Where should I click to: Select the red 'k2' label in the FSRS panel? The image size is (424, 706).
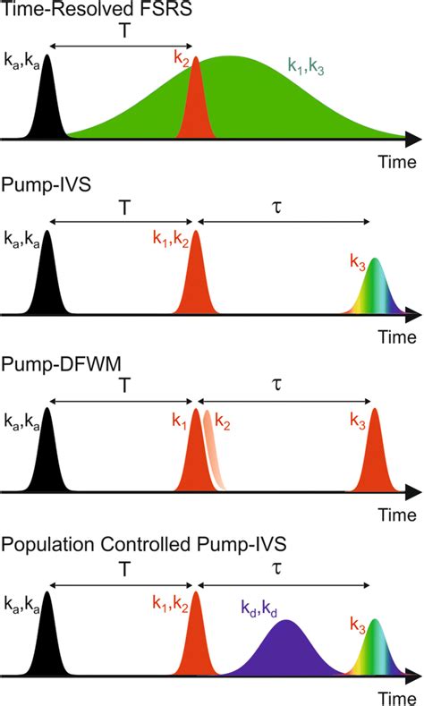click(182, 66)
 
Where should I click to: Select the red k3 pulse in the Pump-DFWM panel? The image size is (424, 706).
click(376, 456)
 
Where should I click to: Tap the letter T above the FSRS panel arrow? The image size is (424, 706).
click(122, 30)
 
